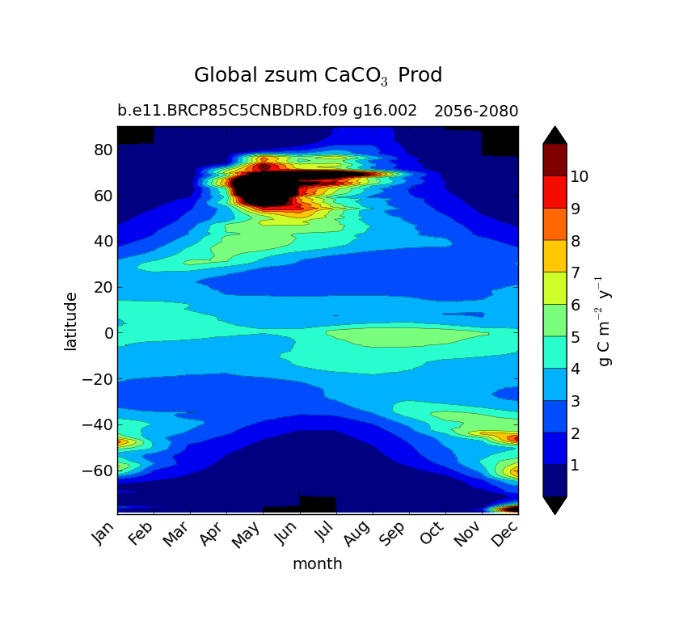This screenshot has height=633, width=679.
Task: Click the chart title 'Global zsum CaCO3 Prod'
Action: click(x=318, y=76)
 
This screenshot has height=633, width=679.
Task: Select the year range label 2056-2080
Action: click(x=476, y=112)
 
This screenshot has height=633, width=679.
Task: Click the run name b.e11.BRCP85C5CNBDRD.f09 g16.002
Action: click(x=267, y=111)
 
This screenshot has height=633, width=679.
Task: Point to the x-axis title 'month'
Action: click(x=317, y=563)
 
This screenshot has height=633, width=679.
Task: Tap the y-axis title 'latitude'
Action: click(x=71, y=321)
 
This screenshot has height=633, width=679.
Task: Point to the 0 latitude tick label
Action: click(x=106, y=333)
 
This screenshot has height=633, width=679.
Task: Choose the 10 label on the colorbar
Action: click(x=579, y=176)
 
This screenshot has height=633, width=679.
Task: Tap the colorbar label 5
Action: click(x=575, y=337)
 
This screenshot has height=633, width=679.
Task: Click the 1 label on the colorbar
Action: click(x=575, y=465)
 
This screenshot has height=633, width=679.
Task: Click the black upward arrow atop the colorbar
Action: click(x=555, y=135)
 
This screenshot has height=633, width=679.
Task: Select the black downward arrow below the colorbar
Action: click(x=555, y=504)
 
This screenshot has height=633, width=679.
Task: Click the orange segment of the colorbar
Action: click(x=555, y=224)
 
